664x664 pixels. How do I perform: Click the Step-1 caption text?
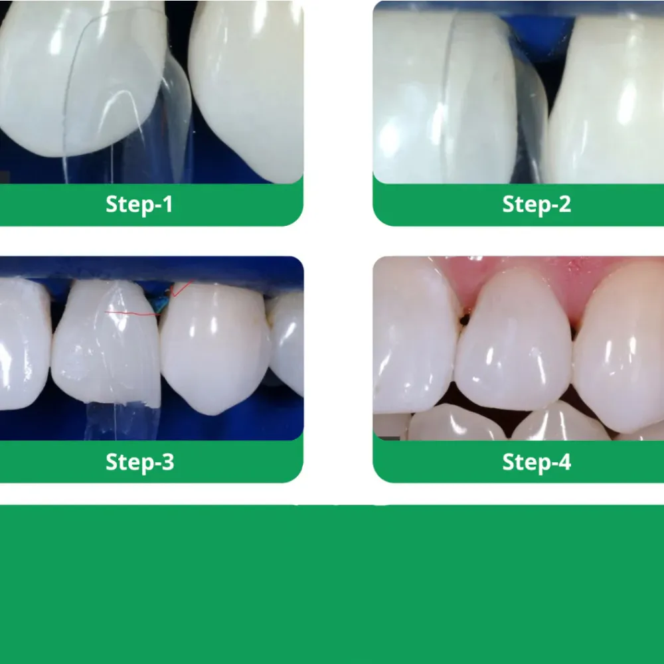(x=139, y=205)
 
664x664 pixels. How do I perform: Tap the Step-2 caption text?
(x=537, y=205)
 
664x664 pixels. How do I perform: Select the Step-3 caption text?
(x=139, y=462)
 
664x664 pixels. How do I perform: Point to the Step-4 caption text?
(x=537, y=462)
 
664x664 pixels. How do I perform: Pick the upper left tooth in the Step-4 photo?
(x=412, y=339)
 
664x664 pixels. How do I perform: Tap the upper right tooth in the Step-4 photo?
(x=621, y=352)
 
